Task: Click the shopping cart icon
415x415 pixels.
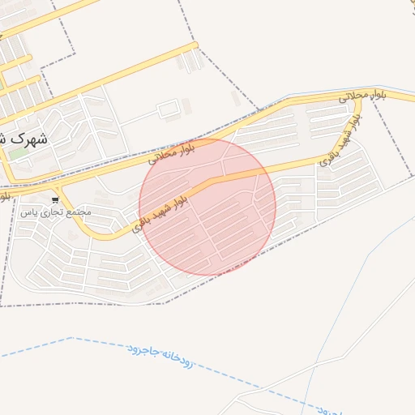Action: [55, 199]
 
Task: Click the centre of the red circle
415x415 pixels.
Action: [207, 207]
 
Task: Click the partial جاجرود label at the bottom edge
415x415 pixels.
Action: [328, 408]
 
